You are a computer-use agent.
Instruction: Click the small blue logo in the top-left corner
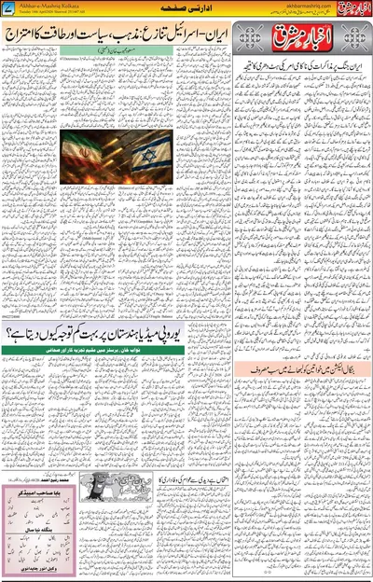click(x=9, y=8)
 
